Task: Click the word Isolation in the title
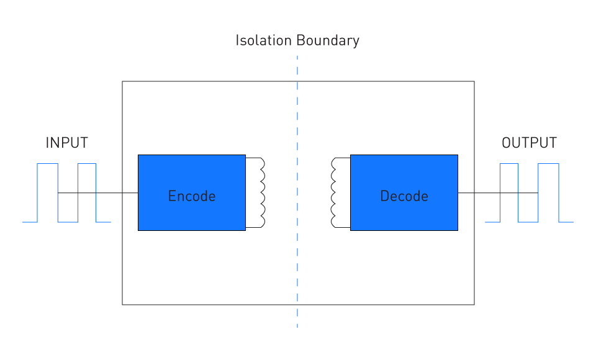click(x=263, y=40)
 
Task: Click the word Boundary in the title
click(x=328, y=41)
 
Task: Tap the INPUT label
click(x=67, y=143)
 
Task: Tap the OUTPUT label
click(x=529, y=143)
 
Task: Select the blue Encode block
click(x=192, y=193)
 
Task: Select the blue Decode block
click(x=404, y=193)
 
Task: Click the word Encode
click(x=192, y=196)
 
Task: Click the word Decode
click(x=404, y=196)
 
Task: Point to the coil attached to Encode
click(x=263, y=193)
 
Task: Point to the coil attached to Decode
click(x=333, y=193)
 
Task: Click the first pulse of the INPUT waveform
click(x=48, y=164)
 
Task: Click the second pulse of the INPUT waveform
click(x=87, y=164)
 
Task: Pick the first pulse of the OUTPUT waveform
click(x=509, y=164)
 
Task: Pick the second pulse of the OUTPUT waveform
click(x=548, y=164)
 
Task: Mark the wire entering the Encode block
click(x=97, y=193)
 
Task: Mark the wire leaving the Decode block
click(x=498, y=193)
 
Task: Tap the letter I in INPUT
click(x=47, y=143)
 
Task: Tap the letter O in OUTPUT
click(x=506, y=143)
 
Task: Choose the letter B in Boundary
click(x=300, y=40)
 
